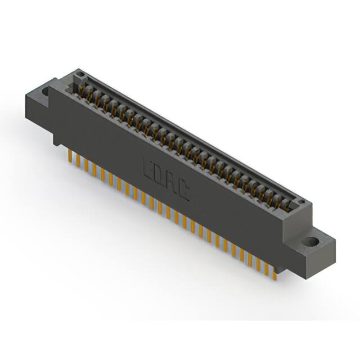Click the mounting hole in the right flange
(309, 243)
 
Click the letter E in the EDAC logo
(147, 168)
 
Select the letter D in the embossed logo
(160, 176)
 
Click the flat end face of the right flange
(327, 256)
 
